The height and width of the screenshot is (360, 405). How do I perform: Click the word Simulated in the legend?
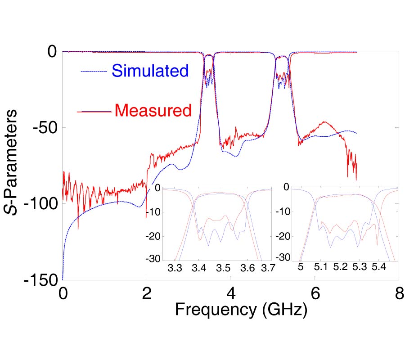pos(150,71)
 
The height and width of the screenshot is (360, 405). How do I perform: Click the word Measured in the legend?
pos(153,110)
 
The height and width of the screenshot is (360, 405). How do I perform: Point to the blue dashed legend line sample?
pos(94,72)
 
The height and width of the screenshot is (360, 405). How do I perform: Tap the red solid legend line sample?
pos(94,111)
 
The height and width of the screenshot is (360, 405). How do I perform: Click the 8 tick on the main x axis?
pos(399,293)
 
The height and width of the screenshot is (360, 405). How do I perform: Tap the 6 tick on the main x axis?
pos(315,293)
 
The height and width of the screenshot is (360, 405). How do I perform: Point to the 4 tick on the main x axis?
pos(230,293)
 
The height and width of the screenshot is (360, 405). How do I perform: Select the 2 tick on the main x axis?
pos(146,293)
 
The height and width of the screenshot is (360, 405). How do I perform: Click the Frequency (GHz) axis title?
pos(241,310)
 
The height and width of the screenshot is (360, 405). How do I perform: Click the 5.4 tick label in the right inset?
pos(378,267)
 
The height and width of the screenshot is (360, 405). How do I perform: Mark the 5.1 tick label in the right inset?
pos(321,267)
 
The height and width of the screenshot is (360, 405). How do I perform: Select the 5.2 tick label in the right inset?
pos(341,267)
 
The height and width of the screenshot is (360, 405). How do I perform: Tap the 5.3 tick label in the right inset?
pos(360,267)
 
